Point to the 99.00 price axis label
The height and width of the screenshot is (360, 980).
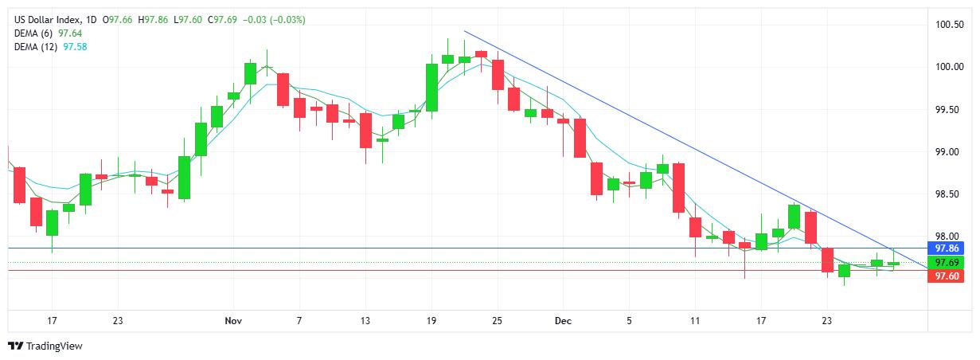pos(948,151)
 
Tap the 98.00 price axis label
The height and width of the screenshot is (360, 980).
pos(948,237)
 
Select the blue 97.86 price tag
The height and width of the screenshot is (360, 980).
pos(947,248)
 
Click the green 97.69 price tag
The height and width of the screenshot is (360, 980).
pos(947,262)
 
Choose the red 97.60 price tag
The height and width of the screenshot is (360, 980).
pos(947,276)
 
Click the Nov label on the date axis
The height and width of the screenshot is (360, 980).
pos(232,320)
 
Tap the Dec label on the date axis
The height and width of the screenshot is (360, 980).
pos(562,320)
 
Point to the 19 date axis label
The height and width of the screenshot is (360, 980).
pos(431,320)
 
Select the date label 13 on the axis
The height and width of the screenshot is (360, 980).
pos(365,320)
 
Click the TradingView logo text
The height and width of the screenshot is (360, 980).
pos(54,346)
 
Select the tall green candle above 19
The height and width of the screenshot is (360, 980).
pos(431,88)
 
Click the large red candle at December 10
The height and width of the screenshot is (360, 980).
pos(678,187)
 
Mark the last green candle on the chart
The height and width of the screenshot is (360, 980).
pos(893,263)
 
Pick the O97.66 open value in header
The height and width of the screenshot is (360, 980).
pos(118,19)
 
